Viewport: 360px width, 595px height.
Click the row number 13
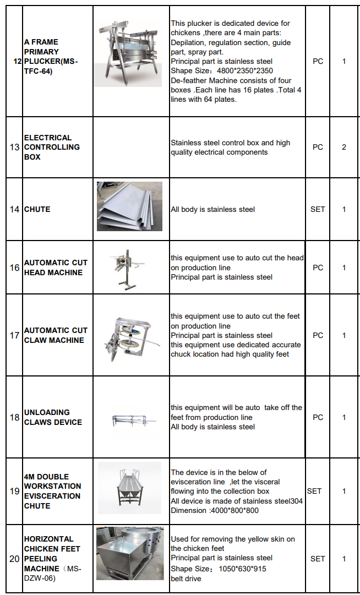click(15, 148)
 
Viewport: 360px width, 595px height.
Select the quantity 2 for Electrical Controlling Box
click(344, 148)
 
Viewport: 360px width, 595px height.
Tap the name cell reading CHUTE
click(37, 209)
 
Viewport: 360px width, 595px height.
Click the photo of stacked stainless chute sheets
click(129, 206)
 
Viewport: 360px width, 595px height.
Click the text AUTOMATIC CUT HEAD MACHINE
click(55, 268)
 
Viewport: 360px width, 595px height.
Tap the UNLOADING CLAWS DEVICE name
click(53, 417)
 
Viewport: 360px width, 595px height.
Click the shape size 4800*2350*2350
click(242, 71)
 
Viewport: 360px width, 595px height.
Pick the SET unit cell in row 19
click(314, 491)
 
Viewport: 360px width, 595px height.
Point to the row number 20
click(15, 559)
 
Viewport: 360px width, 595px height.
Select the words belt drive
click(186, 578)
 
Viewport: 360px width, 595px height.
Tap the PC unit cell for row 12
click(318, 61)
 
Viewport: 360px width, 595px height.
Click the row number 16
click(15, 268)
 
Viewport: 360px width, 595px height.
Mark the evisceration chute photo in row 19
click(129, 488)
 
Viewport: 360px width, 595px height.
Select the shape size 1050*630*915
click(240, 569)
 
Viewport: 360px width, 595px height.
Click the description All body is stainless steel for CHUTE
click(212, 209)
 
